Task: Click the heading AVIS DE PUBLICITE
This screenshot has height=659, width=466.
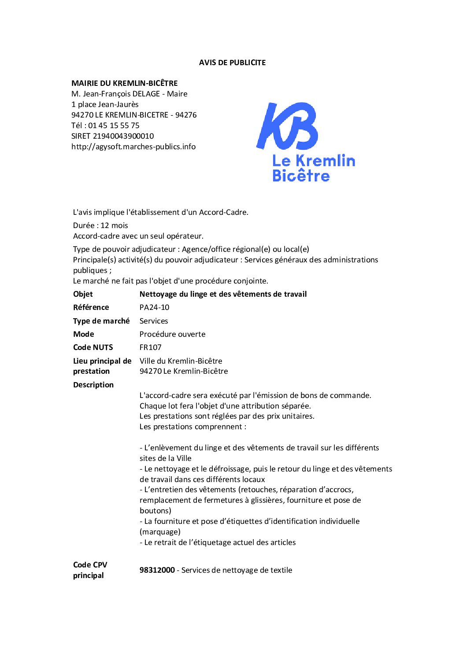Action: (x=232, y=63)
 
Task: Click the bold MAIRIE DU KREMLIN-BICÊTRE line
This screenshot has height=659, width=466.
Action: (x=125, y=83)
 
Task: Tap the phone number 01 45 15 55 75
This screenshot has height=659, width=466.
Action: (x=114, y=125)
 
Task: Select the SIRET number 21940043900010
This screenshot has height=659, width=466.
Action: (x=123, y=136)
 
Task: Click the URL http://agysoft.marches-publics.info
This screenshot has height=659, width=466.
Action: (x=133, y=147)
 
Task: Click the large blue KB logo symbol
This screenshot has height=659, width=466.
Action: (x=287, y=126)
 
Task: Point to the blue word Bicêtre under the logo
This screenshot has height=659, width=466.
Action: (x=301, y=176)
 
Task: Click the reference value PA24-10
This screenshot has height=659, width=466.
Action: (x=154, y=307)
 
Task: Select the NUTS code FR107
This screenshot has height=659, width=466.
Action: (x=150, y=347)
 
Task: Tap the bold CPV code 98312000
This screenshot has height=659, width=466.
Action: (x=157, y=570)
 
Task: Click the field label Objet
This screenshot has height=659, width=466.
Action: (x=83, y=294)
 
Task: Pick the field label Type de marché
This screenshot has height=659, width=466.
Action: (x=101, y=321)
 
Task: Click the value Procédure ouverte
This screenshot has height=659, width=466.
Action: (x=172, y=334)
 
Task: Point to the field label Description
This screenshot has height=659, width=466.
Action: (x=93, y=385)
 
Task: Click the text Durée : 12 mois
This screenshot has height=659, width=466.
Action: (x=100, y=225)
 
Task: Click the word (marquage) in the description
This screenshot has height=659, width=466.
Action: (x=160, y=532)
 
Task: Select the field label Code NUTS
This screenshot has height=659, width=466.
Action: (x=93, y=347)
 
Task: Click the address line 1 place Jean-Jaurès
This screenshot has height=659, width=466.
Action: (x=105, y=104)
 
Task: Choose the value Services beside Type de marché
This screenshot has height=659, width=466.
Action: (x=154, y=321)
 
